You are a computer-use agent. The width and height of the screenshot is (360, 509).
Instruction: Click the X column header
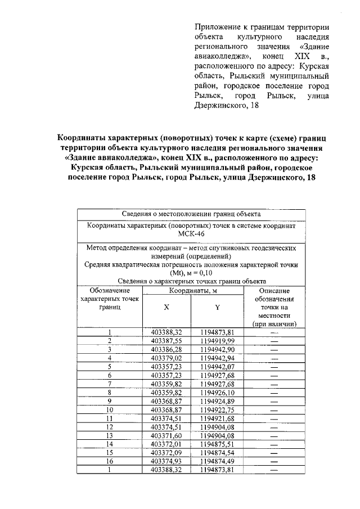(166, 308)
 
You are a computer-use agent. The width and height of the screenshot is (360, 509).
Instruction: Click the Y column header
(217, 308)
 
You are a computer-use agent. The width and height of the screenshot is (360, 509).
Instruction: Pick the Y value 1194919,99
(217, 340)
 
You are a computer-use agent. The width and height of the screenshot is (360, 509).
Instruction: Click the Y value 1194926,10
(217, 392)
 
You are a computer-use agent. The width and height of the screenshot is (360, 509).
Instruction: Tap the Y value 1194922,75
(217, 409)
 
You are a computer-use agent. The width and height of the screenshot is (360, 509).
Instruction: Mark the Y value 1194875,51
(217, 444)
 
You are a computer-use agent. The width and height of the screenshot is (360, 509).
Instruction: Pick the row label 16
(110, 461)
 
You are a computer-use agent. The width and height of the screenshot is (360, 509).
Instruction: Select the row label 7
(110, 384)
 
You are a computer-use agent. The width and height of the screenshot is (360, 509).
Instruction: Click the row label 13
(110, 435)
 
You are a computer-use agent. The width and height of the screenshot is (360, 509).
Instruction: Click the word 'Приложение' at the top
(215, 27)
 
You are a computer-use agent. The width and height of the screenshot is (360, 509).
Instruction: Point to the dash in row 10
(274, 409)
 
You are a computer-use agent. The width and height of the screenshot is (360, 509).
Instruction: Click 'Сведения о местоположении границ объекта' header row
(191, 214)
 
